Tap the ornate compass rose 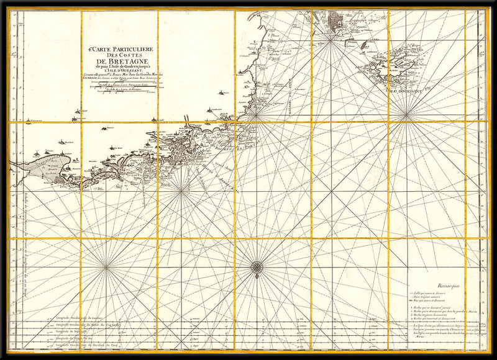[257, 267]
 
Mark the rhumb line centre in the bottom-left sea [106, 267]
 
